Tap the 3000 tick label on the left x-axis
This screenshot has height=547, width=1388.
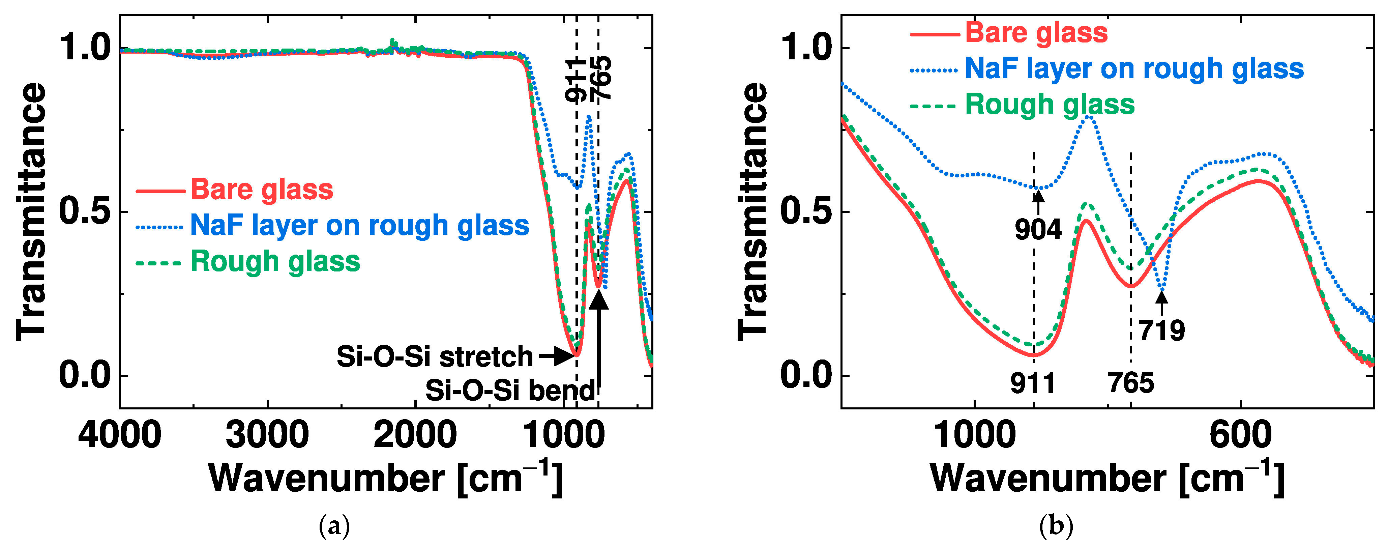267,435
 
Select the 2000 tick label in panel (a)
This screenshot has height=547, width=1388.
415,435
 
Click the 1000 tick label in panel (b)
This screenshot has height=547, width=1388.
974,435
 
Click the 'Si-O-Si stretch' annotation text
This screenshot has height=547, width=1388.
434,357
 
